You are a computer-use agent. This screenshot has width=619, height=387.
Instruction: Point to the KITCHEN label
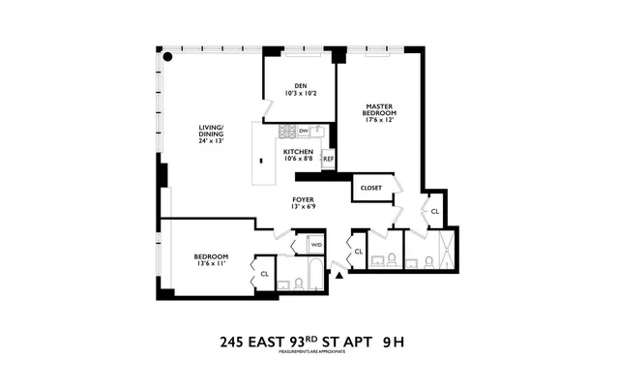pyautogui.click(x=298, y=153)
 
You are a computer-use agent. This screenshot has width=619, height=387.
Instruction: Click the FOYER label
pyautogui.click(x=305, y=199)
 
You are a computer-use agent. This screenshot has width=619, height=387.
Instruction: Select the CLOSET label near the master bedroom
pyautogui.click(x=371, y=187)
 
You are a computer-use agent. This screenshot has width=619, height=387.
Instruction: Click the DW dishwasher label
pyautogui.click(x=303, y=130)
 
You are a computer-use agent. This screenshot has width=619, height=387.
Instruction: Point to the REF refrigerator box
pyautogui.click(x=328, y=159)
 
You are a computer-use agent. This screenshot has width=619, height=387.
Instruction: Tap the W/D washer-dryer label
pyautogui.click(x=316, y=245)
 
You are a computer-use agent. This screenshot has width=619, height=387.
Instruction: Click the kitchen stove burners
pyautogui.click(x=286, y=131)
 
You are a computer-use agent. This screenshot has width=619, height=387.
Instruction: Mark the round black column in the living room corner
pyautogui.click(x=168, y=57)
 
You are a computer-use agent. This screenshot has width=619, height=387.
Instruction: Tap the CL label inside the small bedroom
pyautogui.click(x=263, y=274)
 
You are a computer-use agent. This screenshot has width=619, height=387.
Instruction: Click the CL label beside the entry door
pyautogui.click(x=358, y=252)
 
